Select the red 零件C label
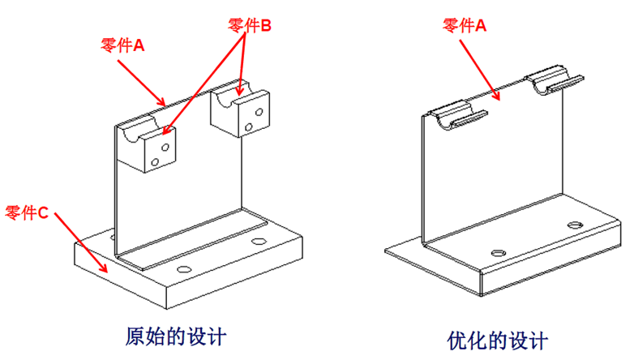click(28, 213)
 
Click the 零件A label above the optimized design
click(464, 26)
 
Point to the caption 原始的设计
click(175, 335)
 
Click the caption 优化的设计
click(498, 339)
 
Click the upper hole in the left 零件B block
click(164, 148)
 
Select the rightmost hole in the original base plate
click(259, 242)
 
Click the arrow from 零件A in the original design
click(147, 84)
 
